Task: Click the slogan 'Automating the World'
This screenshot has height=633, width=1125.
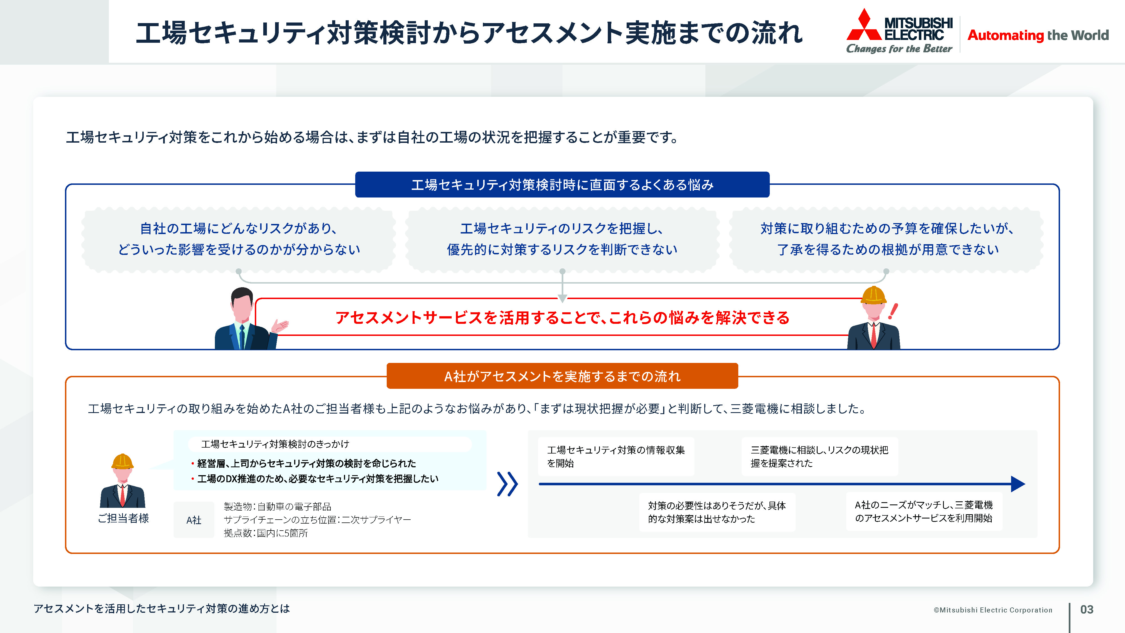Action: (1038, 35)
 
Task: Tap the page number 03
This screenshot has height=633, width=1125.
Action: (1086, 609)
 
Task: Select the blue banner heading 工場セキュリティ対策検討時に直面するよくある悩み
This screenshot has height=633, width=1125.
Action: (562, 185)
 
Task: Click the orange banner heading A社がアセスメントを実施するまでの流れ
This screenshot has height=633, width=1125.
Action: (562, 376)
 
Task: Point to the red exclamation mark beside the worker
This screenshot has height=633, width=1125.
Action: (893, 311)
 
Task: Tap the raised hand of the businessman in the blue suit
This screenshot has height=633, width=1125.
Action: (280, 326)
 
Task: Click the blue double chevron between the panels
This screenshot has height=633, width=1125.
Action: (507, 484)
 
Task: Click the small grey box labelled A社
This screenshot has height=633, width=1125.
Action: (194, 520)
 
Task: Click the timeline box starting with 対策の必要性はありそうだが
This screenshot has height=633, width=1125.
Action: (717, 512)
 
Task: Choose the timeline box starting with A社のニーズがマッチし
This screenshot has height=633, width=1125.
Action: (924, 511)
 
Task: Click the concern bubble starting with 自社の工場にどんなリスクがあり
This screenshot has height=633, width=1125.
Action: (239, 239)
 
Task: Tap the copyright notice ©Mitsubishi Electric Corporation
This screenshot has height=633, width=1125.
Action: (993, 610)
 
